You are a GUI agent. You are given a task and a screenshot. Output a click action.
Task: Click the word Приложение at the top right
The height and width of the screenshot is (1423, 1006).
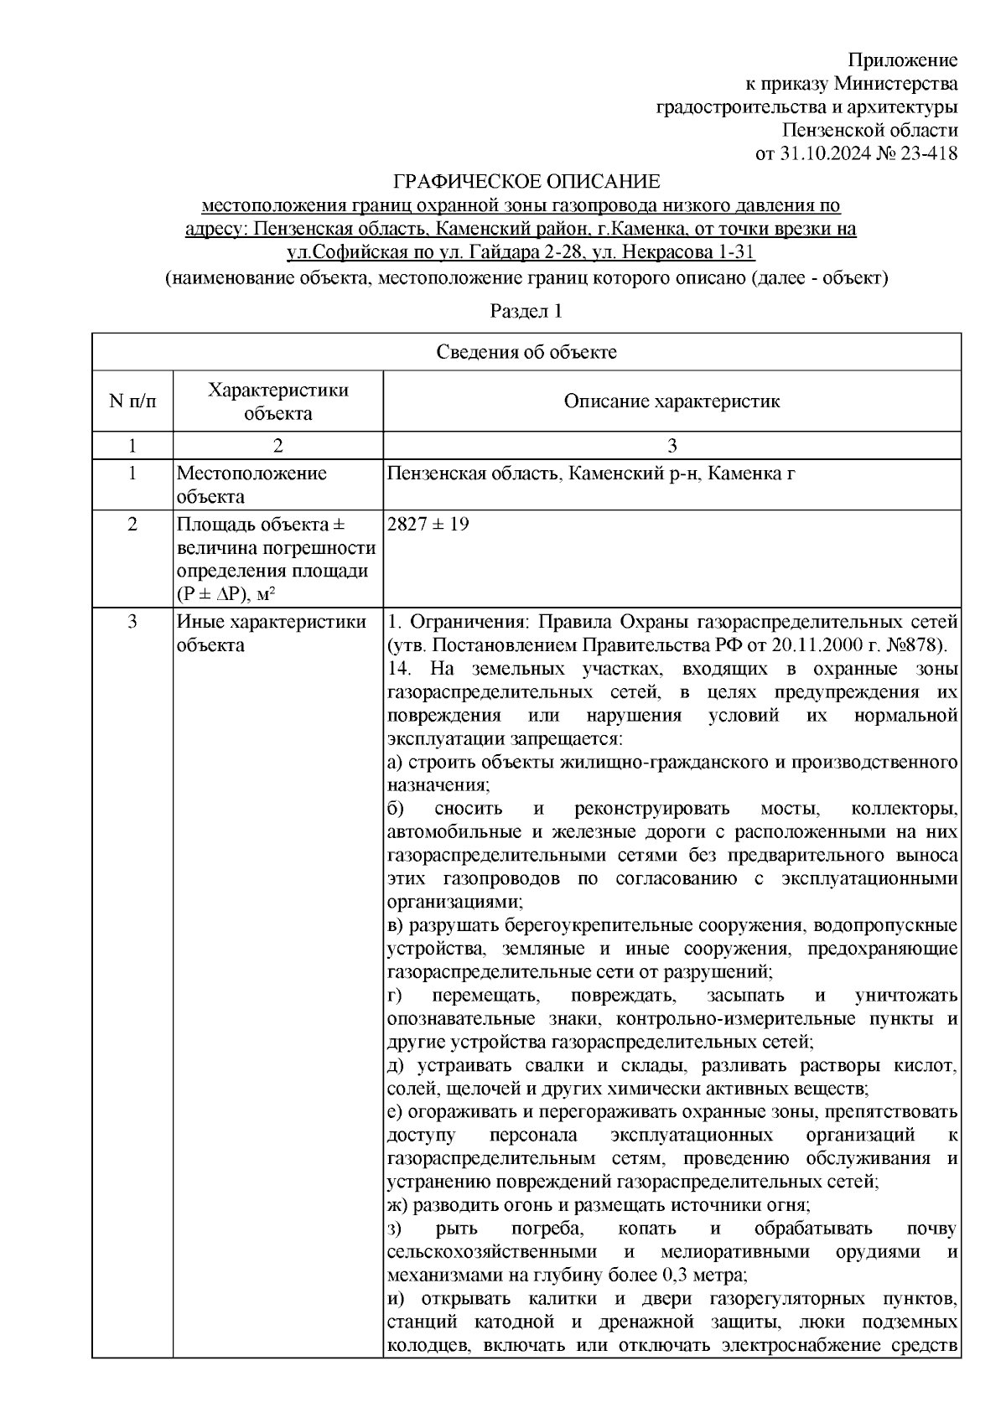point(903,60)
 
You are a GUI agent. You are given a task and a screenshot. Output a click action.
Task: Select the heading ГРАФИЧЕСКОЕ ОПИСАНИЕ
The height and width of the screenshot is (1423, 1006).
point(527,182)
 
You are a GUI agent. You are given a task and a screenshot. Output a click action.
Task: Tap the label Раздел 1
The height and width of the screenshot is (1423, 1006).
point(526,312)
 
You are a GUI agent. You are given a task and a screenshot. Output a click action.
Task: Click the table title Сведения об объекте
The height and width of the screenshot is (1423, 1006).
point(526,352)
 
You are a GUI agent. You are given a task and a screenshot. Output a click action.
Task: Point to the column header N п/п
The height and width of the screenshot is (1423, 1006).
point(132,401)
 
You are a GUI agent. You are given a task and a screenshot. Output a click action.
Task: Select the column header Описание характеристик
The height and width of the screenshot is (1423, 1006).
point(672,401)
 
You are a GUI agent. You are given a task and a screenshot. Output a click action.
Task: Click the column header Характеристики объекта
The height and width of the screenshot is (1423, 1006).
point(277,401)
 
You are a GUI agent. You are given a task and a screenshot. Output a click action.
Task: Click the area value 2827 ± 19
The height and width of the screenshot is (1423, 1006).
point(428,525)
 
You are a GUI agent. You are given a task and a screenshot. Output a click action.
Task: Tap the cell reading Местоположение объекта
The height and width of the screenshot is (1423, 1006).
point(251,485)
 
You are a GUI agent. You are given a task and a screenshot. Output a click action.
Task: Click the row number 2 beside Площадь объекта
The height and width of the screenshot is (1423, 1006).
point(132,525)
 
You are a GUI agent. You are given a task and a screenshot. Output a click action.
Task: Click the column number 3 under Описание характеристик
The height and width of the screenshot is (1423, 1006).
point(672,445)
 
